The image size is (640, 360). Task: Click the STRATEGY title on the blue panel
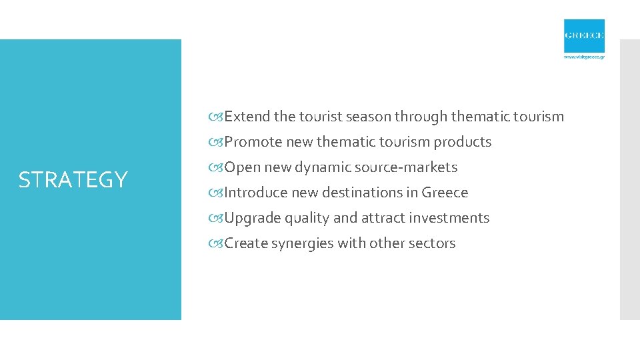coord(73,180)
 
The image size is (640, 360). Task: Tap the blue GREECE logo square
coord(584,36)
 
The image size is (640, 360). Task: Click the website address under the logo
coord(584,57)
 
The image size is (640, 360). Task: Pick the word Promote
coord(253,142)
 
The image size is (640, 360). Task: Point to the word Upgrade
coord(253,218)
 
